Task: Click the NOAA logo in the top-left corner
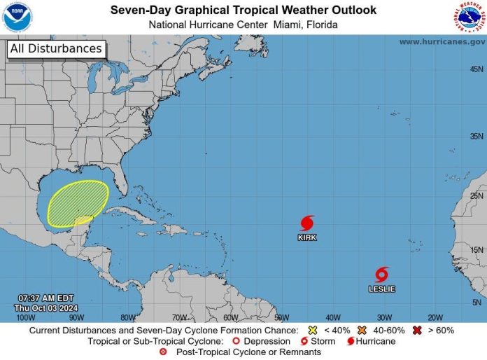[17, 17]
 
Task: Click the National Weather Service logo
[469, 17]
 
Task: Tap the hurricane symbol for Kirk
[307, 223]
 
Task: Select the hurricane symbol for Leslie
[381, 275]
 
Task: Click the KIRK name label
[307, 238]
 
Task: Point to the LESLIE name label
[381, 289]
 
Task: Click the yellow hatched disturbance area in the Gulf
[77, 203]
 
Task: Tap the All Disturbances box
[56, 49]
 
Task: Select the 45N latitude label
[477, 69]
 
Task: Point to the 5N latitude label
[478, 302]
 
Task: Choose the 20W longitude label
[435, 317]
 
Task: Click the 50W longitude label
[281, 317]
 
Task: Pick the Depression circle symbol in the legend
[237, 342]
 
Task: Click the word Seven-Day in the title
[136, 10]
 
